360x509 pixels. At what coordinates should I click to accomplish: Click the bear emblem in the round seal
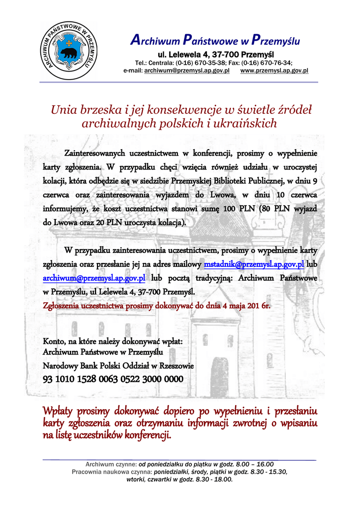[x=69, y=53]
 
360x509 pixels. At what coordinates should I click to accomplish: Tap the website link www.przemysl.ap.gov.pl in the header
[x=274, y=71]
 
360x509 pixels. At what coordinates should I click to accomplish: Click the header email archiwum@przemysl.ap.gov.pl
[x=186, y=71]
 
